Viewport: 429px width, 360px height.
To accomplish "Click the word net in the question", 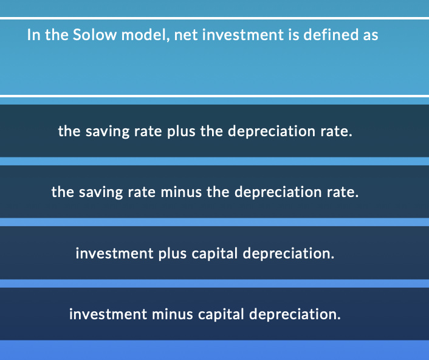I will [185, 35].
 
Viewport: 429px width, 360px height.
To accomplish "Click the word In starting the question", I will [34, 35].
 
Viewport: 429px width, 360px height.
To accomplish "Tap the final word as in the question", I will [370, 35].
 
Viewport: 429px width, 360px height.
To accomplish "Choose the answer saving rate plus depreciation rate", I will [205, 131].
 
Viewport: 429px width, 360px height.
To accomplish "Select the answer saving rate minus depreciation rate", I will [205, 192].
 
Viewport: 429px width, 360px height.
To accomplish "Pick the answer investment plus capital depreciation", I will [205, 253].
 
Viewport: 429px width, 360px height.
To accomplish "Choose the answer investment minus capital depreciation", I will [205, 314].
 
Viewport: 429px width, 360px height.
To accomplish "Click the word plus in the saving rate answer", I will [180, 131].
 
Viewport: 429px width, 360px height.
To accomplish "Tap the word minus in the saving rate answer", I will [182, 192].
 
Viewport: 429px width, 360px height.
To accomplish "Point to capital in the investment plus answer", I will [215, 253].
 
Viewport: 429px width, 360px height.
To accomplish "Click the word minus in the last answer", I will [173, 314].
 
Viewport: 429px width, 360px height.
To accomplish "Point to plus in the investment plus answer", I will [173, 253].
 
